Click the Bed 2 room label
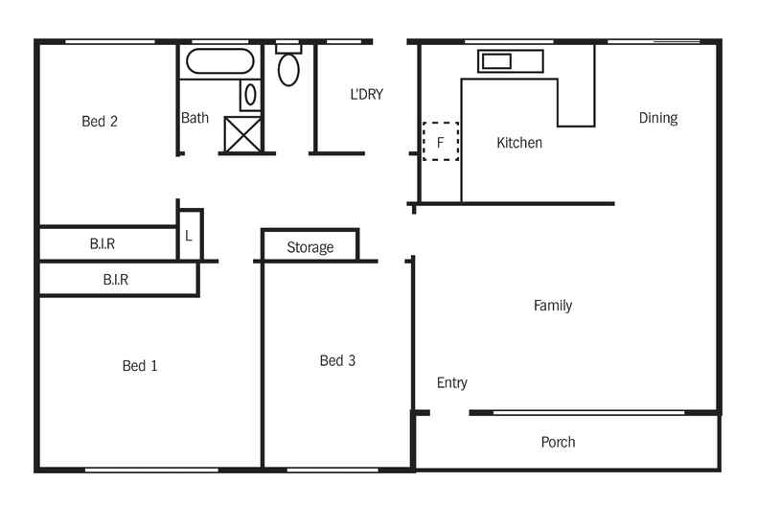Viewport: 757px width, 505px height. (x=100, y=122)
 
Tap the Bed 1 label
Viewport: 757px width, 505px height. (x=140, y=366)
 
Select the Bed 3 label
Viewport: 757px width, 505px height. (x=337, y=361)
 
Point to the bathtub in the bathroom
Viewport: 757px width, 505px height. (x=220, y=62)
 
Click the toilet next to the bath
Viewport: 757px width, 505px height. (x=288, y=68)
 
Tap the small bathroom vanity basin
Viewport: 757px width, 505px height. (x=249, y=95)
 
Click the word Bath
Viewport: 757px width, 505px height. (x=195, y=119)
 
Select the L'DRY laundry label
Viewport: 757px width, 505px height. (x=366, y=94)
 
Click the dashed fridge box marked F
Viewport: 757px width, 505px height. (x=441, y=141)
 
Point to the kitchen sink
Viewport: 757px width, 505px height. (x=496, y=61)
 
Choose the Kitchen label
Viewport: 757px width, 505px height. (x=519, y=143)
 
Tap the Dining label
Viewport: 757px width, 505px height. (x=658, y=118)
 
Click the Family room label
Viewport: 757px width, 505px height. (x=553, y=306)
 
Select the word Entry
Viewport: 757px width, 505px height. (x=452, y=383)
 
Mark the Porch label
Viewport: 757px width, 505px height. (x=559, y=442)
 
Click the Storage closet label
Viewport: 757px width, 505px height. (x=310, y=247)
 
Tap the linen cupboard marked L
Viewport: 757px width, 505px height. (x=189, y=236)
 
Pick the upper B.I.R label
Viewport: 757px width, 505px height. (x=103, y=244)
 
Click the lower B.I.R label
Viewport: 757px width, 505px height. (x=116, y=281)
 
